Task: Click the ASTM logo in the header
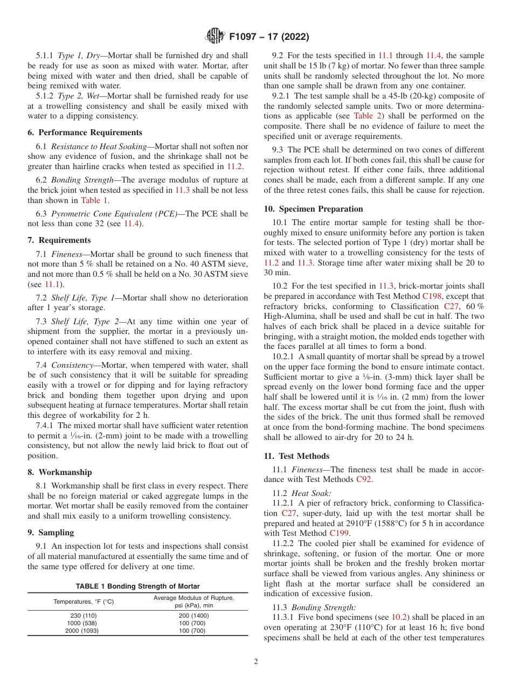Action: tap(215, 37)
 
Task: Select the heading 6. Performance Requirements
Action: tap(85, 132)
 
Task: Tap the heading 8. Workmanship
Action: tap(60, 472)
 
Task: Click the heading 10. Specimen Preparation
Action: tap(313, 209)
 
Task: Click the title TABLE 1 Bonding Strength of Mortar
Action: tap(137, 586)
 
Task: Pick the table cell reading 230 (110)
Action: tap(84, 616)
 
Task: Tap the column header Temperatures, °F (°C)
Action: tap(84, 602)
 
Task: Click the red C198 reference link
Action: tap(432, 296)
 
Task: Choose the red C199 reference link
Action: tap(340, 533)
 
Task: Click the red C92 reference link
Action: tap(364, 479)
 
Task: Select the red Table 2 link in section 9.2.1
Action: tap(366, 116)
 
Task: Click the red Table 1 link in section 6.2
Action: tap(94, 200)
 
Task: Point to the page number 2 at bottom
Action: tap(256, 662)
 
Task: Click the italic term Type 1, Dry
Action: tap(79, 55)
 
